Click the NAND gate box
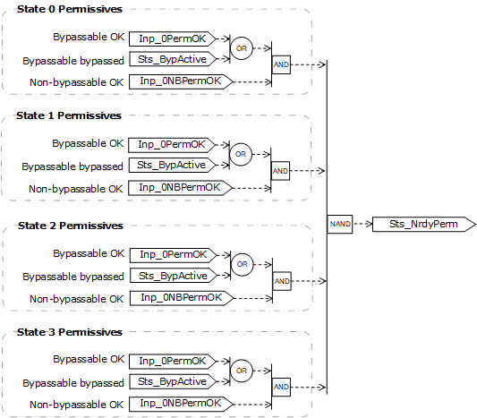coord(339,225)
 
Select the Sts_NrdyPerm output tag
coord(422,224)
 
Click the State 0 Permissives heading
coord(71,9)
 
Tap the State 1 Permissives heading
coord(71,115)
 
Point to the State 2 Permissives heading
coord(71,226)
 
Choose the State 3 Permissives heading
coord(71,332)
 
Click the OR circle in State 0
coord(241,47)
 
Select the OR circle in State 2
coord(241,264)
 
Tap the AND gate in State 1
coord(281,170)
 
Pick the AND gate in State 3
coord(281,387)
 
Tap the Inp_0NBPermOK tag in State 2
coord(180,297)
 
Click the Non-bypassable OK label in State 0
coord(75,82)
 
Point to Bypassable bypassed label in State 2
coord(73,277)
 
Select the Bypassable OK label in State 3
coord(88,359)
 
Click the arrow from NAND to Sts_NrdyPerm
coord(362,225)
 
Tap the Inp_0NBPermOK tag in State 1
coord(180,187)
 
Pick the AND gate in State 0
coord(281,64)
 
